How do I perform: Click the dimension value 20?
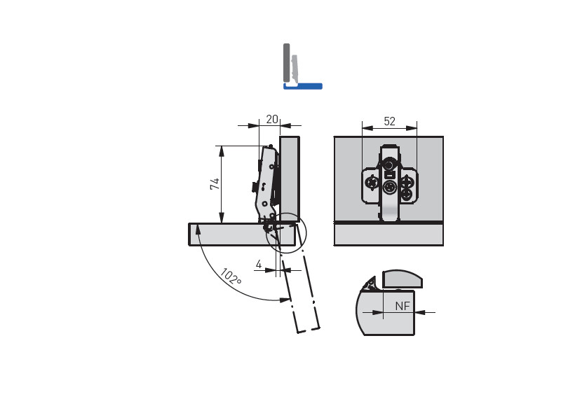(x=272, y=119)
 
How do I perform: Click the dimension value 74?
(x=215, y=184)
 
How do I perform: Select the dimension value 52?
(x=389, y=121)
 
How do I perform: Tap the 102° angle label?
(x=231, y=276)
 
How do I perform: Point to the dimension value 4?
(x=259, y=265)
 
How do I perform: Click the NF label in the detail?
(x=402, y=306)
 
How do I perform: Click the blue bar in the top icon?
(x=303, y=86)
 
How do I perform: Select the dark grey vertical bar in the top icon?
(x=286, y=63)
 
